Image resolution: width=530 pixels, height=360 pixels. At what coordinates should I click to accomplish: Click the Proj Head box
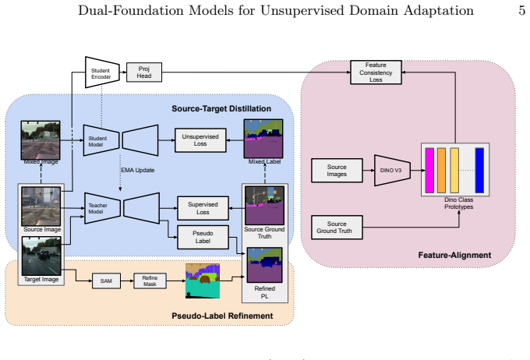[x=144, y=72]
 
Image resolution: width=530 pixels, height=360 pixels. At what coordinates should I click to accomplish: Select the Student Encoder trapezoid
[x=102, y=72]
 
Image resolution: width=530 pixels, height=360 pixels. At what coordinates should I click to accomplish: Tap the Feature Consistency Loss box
[x=376, y=72]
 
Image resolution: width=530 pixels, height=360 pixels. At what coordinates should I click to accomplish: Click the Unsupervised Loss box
[x=200, y=140]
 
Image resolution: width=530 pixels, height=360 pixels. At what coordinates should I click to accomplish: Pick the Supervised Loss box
[x=203, y=208]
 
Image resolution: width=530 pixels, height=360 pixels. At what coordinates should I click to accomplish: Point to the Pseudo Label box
[x=203, y=238]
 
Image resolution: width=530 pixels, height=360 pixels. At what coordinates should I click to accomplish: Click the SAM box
[x=106, y=281]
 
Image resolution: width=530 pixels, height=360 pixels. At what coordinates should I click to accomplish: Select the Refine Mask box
[x=150, y=281]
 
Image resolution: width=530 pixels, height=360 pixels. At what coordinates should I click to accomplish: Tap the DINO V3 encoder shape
[x=392, y=171]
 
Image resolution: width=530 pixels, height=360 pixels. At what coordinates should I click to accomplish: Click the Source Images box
[x=337, y=171]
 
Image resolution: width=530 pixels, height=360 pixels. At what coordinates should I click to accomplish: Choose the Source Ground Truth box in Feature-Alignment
[x=337, y=228]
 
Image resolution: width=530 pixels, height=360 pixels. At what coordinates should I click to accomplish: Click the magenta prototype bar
[x=429, y=171]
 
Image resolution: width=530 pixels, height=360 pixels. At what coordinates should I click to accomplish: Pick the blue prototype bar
[x=479, y=171]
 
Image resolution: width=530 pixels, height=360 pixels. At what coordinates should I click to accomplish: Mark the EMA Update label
[x=138, y=170]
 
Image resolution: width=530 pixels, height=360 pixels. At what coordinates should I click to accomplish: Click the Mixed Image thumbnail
[x=41, y=140]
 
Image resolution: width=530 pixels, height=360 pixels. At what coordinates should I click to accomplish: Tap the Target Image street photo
[x=41, y=256]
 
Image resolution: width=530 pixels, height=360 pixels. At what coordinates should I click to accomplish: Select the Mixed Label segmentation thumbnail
[x=263, y=139]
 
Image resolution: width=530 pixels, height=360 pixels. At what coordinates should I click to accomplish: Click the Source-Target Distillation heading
[x=221, y=108]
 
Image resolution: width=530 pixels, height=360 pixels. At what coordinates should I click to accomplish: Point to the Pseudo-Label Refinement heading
[x=222, y=316]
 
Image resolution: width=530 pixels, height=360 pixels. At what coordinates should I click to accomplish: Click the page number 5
[x=522, y=10]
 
